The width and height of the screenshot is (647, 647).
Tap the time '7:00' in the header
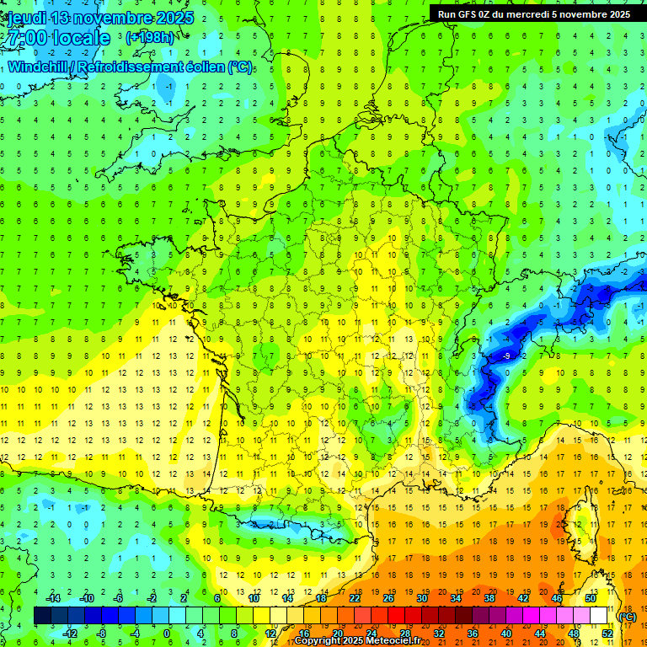(26, 38)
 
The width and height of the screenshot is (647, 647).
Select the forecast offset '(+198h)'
(150, 37)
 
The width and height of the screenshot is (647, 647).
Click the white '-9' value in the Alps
(505, 356)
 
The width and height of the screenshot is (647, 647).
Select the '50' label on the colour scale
(591, 599)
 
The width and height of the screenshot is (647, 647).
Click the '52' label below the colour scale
(607, 634)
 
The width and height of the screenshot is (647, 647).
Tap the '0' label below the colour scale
(167, 634)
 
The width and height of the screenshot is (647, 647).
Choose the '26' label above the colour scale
(388, 599)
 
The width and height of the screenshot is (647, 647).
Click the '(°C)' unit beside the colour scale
(628, 617)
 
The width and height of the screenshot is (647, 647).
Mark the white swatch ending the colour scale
(599, 616)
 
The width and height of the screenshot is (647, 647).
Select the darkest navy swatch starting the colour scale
(42, 616)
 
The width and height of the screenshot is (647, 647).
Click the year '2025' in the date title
(172, 18)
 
